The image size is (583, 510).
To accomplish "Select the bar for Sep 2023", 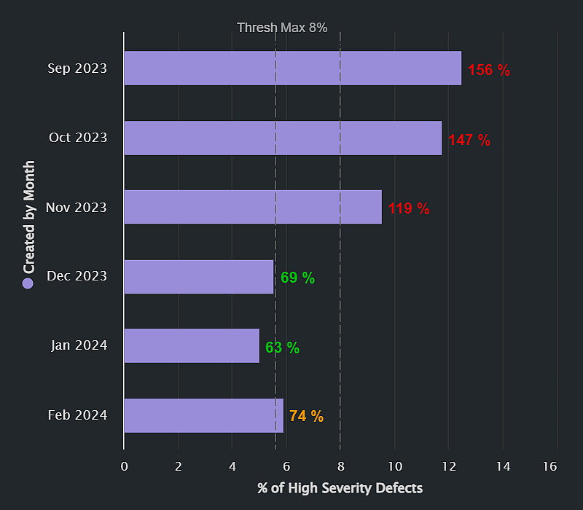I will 292,68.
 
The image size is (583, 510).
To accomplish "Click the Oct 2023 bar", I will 283,138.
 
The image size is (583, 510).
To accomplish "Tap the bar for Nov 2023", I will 253,207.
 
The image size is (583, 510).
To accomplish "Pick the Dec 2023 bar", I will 199,277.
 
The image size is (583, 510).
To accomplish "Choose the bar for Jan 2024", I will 192,345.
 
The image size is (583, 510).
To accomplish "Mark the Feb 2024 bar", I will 203,415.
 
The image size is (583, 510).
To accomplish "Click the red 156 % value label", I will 488,70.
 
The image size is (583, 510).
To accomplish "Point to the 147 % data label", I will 469,140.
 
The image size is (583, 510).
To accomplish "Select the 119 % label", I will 408,209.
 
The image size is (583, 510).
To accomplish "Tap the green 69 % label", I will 297,278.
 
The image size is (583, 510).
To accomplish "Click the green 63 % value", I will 282,348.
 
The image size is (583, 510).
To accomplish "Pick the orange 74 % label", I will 306,417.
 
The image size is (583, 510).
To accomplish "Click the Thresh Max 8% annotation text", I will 282,28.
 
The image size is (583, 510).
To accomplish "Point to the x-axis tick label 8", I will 340,466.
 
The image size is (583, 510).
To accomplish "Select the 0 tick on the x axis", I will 125,466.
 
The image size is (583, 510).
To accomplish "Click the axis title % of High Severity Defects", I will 340,487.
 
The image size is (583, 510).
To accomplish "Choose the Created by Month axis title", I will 29,217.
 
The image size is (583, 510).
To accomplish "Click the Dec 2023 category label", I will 77,276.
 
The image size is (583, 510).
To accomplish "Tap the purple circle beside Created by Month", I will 28,283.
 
